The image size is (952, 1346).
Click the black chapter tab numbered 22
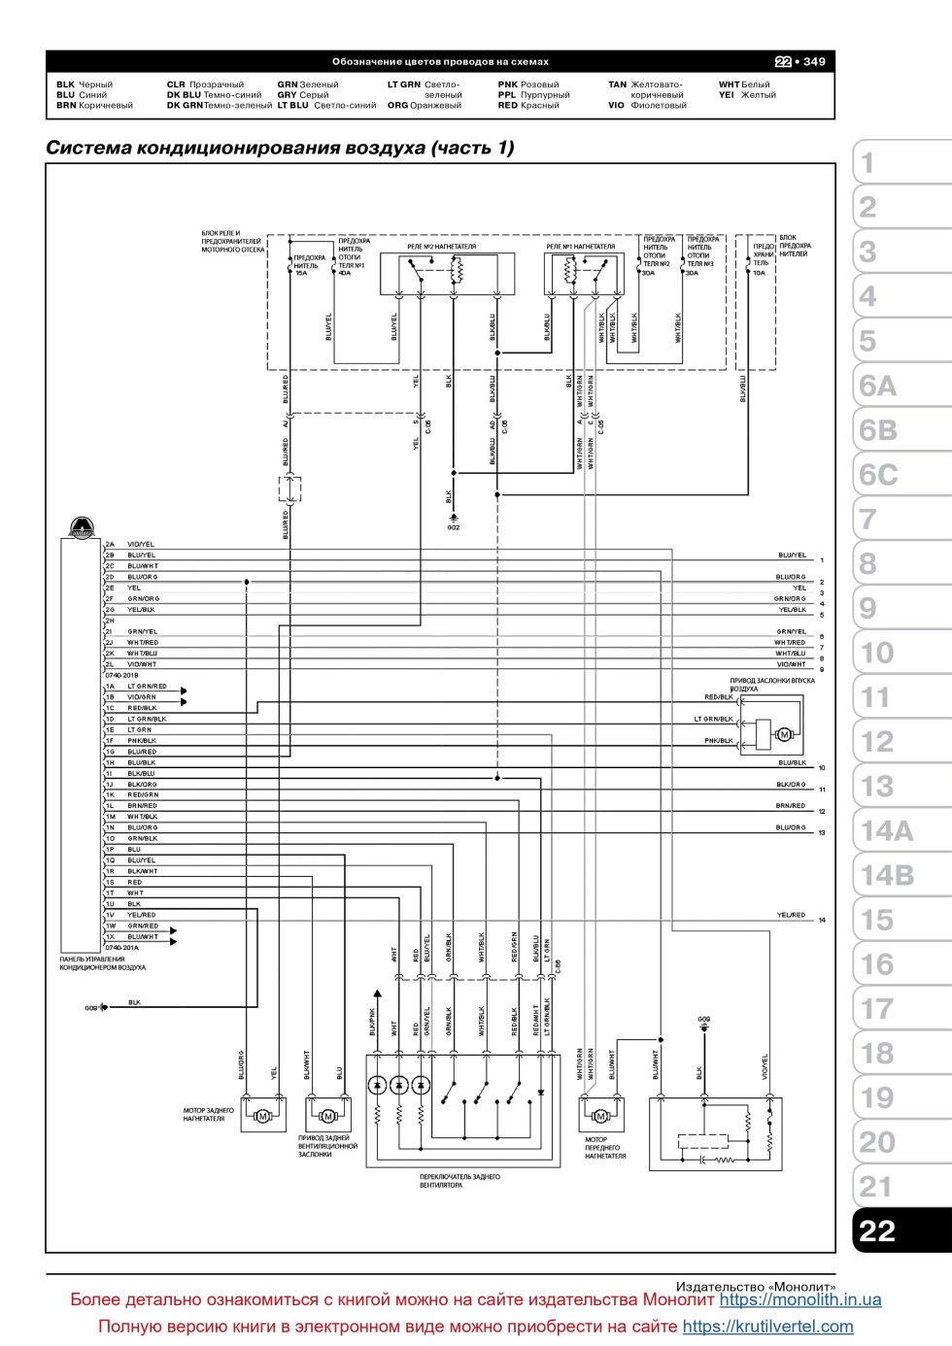pos(876,1230)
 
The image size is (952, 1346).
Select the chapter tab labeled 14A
pos(886,830)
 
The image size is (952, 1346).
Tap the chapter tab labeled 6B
pos(878,430)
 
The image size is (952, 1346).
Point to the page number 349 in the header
pos(814,61)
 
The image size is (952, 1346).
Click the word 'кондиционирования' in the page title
pos(240,148)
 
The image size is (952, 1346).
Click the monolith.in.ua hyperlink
pos(800,1299)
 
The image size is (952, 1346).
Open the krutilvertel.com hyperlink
pos(767,1327)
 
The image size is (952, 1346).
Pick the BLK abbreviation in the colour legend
pos(65,84)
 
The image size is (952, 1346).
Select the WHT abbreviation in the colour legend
pos(729,84)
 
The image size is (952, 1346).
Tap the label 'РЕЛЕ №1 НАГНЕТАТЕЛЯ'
pos(581,247)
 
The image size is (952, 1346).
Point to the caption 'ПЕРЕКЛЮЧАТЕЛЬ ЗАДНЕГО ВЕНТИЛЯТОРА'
pos(459,1181)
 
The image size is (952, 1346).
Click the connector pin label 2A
pos(110,544)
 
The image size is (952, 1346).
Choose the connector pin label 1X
pos(110,937)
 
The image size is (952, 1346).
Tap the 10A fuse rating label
pos(759,273)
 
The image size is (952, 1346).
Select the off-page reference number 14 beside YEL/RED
pos(822,920)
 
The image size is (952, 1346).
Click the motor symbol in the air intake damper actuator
pos(784,734)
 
